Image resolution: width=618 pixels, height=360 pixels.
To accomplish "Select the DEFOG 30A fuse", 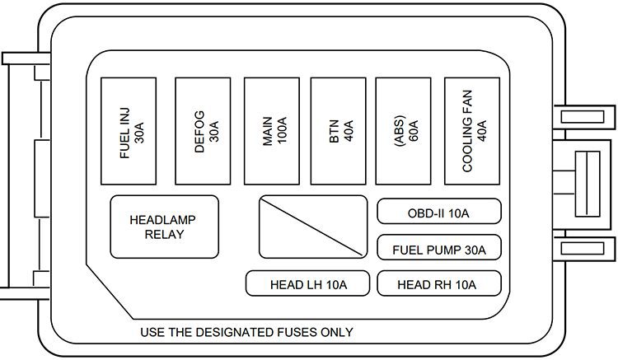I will (x=203, y=130).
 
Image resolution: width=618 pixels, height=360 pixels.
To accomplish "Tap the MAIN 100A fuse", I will (x=271, y=130).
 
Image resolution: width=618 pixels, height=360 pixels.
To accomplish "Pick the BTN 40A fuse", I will (x=338, y=130).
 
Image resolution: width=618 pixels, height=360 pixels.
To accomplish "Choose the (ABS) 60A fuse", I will (x=404, y=130).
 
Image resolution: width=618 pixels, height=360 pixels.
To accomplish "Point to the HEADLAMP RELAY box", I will (x=165, y=227).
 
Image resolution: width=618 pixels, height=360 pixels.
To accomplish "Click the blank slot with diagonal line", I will (x=313, y=227).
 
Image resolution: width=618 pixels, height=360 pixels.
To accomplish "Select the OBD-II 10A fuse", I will (x=438, y=212).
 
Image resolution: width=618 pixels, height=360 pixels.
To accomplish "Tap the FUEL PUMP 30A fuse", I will (x=438, y=248).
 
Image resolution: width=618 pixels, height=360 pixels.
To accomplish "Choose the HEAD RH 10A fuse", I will (x=438, y=285).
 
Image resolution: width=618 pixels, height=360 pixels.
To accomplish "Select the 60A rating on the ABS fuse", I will (x=412, y=130).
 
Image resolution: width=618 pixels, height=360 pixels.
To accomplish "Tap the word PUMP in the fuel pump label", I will (x=446, y=248).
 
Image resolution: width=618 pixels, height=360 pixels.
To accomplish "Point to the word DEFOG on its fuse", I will (x=198, y=130).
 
